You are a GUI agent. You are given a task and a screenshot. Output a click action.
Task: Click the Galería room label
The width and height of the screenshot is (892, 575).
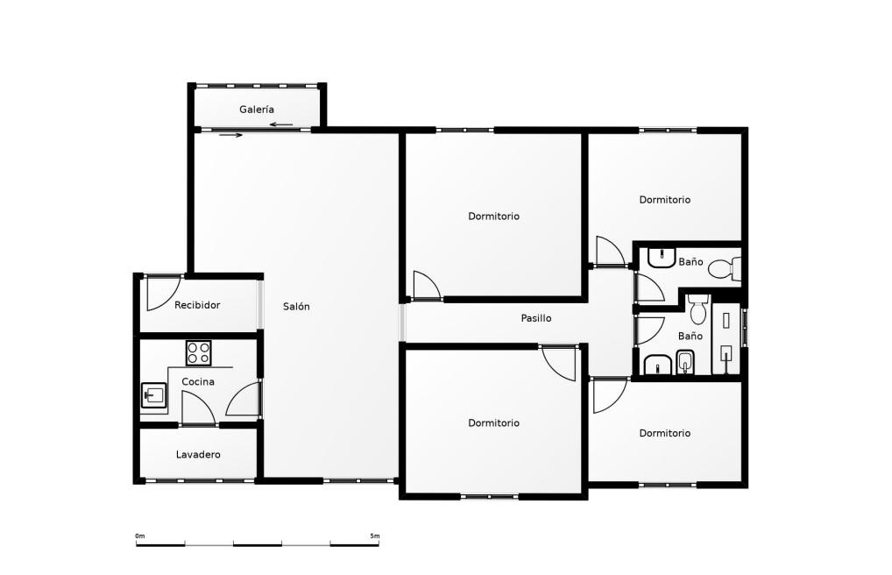click(257, 110)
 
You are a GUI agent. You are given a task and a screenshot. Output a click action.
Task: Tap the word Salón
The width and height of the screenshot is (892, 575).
click(296, 306)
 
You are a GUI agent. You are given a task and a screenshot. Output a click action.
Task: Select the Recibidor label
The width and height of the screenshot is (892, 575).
click(197, 305)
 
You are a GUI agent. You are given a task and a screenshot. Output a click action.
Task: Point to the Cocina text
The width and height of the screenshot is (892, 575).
click(198, 381)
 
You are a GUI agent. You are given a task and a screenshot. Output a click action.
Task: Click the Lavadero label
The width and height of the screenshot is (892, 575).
click(198, 454)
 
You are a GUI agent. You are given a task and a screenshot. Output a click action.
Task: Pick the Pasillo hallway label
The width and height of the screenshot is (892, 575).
click(536, 318)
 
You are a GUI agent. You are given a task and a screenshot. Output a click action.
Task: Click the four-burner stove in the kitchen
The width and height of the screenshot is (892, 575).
click(199, 353)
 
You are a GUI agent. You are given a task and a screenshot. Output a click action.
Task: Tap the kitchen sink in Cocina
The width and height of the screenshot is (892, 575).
click(153, 395)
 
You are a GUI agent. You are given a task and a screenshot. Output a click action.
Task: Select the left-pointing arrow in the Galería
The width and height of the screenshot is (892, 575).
click(281, 124)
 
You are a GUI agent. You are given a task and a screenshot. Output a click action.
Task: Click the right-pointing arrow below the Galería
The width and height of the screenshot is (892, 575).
click(231, 135)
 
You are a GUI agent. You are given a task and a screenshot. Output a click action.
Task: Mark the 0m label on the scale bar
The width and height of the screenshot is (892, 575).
click(140, 536)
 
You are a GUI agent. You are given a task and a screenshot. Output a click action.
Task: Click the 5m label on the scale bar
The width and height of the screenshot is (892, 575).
click(375, 536)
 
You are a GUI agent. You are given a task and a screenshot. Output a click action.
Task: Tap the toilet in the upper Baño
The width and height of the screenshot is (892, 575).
click(726, 269)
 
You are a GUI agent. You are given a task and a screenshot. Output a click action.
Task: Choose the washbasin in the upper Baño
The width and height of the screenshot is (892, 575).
click(661, 258)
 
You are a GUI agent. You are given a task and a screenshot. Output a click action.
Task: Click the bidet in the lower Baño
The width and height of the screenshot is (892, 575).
click(685, 362)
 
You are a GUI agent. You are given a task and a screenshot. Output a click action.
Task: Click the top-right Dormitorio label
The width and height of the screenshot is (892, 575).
click(664, 200)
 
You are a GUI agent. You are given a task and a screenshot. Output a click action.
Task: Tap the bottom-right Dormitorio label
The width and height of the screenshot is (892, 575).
click(664, 433)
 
